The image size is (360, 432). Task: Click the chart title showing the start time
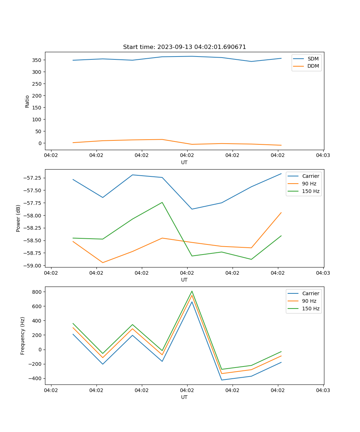click(184, 47)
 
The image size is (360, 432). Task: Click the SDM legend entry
click(313, 58)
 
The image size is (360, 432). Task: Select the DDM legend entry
click(313, 66)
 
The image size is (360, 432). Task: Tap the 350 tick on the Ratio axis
click(37, 60)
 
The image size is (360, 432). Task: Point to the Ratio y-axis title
click(27, 102)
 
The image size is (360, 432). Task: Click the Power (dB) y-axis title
click(18, 218)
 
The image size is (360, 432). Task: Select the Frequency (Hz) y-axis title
click(23, 336)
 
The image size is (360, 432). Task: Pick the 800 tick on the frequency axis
click(36, 292)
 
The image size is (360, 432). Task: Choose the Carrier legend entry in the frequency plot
click(311, 293)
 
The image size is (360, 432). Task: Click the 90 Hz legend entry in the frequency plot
click(309, 301)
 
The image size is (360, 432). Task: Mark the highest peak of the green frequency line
click(192, 291)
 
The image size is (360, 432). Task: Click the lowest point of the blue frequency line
click(221, 380)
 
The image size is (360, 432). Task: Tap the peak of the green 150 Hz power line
click(162, 202)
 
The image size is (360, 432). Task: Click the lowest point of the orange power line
click(103, 262)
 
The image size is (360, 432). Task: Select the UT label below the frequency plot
click(184, 397)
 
